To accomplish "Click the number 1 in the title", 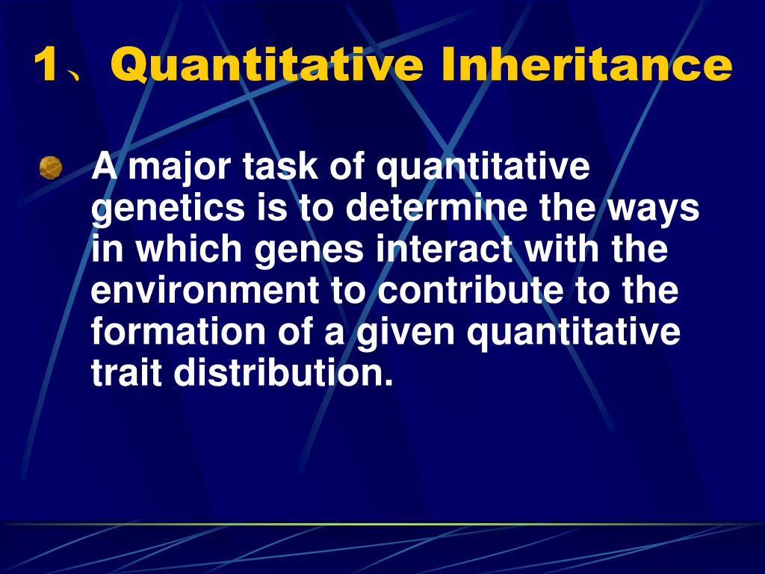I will point(46,66).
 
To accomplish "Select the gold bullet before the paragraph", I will point(51,167).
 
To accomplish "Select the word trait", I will point(126,373).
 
